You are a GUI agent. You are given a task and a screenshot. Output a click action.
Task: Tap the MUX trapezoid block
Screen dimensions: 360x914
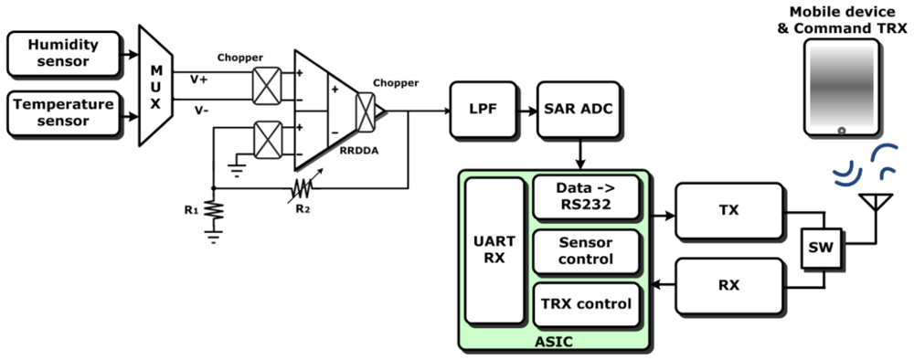click(x=155, y=85)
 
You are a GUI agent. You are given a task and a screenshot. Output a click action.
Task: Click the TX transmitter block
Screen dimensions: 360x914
click(x=729, y=209)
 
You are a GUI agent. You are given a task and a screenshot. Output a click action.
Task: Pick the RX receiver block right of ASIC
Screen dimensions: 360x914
click(x=729, y=285)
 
